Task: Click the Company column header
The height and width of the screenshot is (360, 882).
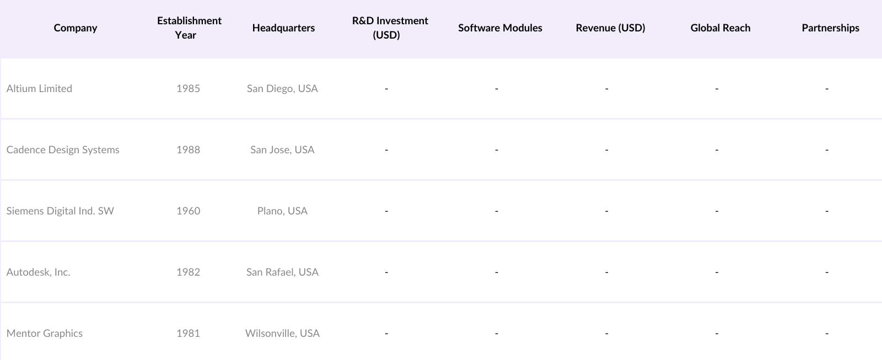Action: coord(76,28)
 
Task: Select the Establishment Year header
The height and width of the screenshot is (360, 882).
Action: coord(189,28)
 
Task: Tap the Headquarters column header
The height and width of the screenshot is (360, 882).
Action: coord(283,28)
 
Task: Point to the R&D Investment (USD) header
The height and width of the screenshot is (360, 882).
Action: coord(390,28)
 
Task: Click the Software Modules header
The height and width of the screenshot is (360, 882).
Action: coord(500,28)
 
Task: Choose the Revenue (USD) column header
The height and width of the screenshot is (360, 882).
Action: coord(610,28)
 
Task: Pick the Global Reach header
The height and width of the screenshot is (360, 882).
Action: coord(720,28)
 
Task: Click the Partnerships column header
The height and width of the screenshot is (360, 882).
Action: coord(830,28)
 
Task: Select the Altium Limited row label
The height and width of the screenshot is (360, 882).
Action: coord(39,89)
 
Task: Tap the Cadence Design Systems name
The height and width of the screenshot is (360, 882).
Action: coord(63,150)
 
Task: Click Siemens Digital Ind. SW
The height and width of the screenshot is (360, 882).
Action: coord(60,211)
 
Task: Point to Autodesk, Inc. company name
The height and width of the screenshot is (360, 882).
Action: coord(38,272)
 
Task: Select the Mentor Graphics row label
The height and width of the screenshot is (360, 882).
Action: coord(44,334)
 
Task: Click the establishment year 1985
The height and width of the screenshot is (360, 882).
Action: coord(188,89)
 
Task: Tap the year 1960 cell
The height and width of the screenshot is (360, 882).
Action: coord(188,211)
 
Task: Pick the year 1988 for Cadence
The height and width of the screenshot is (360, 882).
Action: coord(188,150)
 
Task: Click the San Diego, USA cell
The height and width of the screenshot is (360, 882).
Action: coord(282,89)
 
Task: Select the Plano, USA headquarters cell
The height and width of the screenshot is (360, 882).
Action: coord(282,211)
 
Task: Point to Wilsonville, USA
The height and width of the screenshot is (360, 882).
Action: coord(282,334)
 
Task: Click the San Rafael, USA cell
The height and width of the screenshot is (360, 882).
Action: coord(282,272)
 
